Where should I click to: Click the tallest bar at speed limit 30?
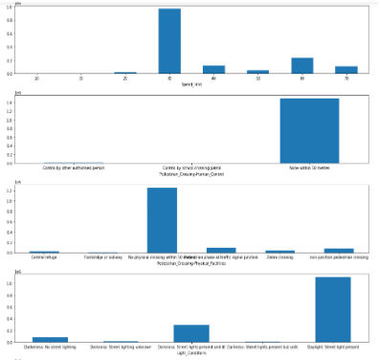tap(169, 41)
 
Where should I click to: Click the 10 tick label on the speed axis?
tap(36, 79)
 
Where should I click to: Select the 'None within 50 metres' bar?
tap(308, 131)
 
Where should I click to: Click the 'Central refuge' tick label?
tap(44, 257)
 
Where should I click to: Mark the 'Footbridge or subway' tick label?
tap(102, 257)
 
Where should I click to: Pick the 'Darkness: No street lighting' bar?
tap(50, 338)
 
